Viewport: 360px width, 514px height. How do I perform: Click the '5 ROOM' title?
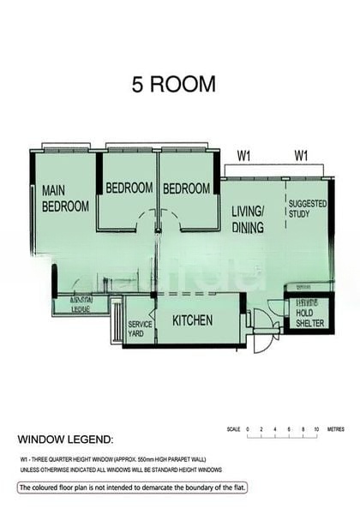point(173,85)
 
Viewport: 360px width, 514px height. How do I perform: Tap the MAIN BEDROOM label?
point(65,199)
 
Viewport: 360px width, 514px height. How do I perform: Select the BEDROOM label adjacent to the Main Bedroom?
point(129,188)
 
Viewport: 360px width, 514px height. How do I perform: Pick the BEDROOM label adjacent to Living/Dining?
point(187,188)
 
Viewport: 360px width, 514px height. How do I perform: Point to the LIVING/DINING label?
point(248,219)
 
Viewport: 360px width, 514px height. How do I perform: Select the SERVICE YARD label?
point(140,329)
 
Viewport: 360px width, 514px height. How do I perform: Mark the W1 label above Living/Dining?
point(244,156)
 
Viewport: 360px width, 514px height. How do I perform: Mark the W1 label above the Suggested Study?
point(301,156)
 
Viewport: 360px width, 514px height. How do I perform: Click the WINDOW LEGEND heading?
point(65,439)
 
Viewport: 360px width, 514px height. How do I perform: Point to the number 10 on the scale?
point(316,427)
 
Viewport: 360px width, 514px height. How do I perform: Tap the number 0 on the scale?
point(248,427)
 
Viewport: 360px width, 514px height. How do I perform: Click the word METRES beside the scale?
point(337,427)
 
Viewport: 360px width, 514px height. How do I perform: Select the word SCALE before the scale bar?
point(233,427)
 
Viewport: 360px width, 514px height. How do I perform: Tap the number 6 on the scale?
point(289,427)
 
